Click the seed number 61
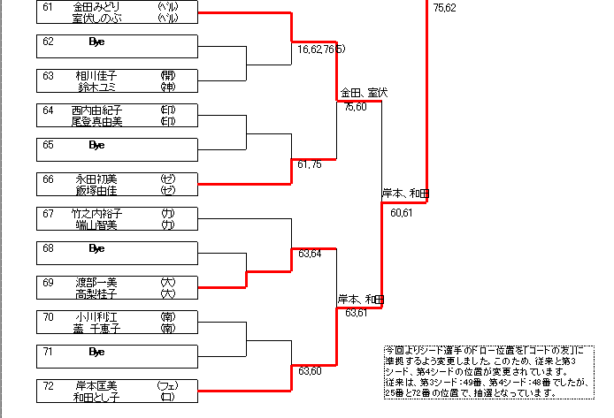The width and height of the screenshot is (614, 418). [x=48, y=7]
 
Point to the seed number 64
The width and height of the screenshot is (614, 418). [x=48, y=110]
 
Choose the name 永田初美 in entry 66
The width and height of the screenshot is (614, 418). [x=97, y=179]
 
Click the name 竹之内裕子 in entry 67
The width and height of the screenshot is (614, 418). [x=97, y=213]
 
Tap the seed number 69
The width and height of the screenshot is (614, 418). [x=48, y=282]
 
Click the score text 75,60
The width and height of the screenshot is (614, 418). [x=355, y=107]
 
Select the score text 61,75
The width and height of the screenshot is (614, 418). [x=310, y=164]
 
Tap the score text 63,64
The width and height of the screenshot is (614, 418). [x=310, y=255]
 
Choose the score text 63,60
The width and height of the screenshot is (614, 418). [x=310, y=371]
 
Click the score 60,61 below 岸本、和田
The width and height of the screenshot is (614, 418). [x=401, y=211]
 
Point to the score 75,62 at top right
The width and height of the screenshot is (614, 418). [x=445, y=8]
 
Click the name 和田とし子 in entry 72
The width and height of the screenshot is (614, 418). [x=97, y=397]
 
